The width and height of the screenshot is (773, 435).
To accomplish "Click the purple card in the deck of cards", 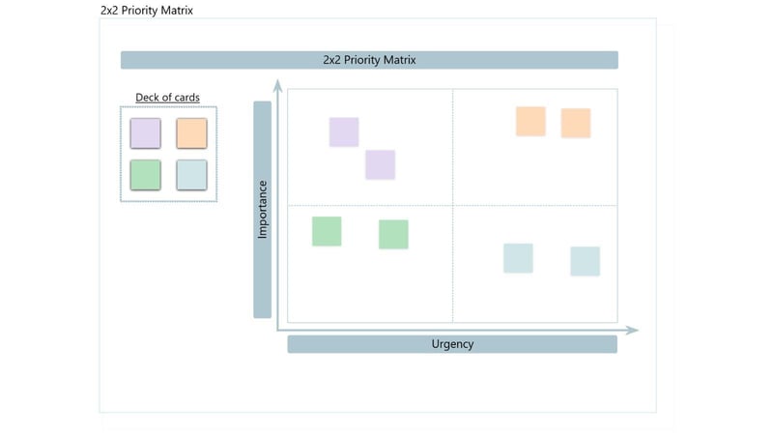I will pyautogui.click(x=145, y=132).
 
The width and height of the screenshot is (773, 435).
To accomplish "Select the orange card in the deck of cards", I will pyautogui.click(x=191, y=132).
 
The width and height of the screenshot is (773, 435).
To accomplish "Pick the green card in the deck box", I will pyautogui.click(x=145, y=175).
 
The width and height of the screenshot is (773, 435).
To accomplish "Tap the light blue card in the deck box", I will pyautogui.click(x=191, y=175).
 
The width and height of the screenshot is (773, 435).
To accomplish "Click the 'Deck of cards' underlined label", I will pyautogui.click(x=167, y=98).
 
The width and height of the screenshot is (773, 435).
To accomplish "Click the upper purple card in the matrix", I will pyautogui.click(x=344, y=132).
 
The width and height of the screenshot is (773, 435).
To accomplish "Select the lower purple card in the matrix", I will pyautogui.click(x=380, y=164).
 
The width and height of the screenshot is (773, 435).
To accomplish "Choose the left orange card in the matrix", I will pyautogui.click(x=530, y=122).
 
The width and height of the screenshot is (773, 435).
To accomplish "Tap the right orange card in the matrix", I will pyautogui.click(x=576, y=123).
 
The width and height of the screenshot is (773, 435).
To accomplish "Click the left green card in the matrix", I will pyautogui.click(x=327, y=231).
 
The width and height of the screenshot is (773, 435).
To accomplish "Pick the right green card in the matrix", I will pyautogui.click(x=393, y=234).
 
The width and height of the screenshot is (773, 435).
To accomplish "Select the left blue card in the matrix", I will pyautogui.click(x=518, y=258).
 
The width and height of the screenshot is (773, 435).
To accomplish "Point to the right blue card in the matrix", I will pyautogui.click(x=585, y=261).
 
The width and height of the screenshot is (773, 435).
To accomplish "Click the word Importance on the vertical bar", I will pyautogui.click(x=262, y=210).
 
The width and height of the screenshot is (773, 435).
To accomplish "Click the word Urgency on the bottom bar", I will pyautogui.click(x=452, y=344).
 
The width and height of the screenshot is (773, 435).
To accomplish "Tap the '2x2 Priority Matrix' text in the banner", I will pyautogui.click(x=369, y=60).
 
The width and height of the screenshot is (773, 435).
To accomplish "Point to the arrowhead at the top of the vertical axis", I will pyautogui.click(x=277, y=84).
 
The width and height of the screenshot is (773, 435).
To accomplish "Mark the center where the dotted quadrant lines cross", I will pyautogui.click(x=452, y=205).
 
